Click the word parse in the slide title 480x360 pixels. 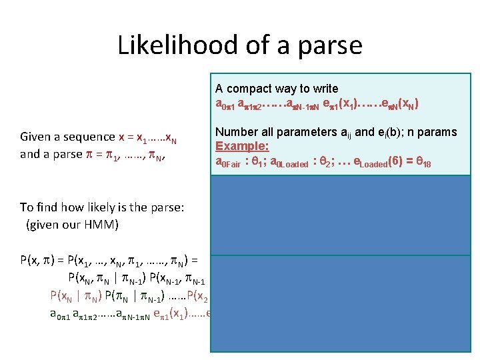(x=329, y=45)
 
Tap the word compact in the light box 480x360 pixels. (x=251, y=89)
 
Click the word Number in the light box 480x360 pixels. (x=237, y=132)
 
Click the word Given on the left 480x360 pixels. (x=37, y=137)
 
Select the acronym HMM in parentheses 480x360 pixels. (x=99, y=225)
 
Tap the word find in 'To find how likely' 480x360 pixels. (x=48, y=207)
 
